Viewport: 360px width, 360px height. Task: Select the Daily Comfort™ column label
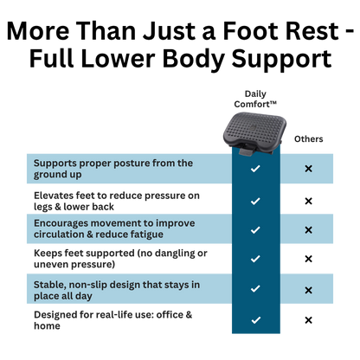pos(255,99)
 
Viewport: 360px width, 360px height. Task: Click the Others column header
pos(308,139)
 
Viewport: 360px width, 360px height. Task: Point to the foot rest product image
pos(254,133)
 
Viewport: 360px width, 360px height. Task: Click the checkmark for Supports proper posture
pos(255,169)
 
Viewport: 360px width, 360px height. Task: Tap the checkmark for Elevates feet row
pos(255,201)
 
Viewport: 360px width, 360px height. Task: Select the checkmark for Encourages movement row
pos(255,230)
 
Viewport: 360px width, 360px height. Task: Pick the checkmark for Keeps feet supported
pos(255,259)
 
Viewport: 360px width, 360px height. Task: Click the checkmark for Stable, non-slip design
pos(255,288)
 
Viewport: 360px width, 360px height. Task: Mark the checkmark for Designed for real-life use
pos(256,320)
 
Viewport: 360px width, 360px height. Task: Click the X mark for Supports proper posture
pos(308,169)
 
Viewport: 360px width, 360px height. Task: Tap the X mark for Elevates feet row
pos(308,201)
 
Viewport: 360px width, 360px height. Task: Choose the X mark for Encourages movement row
pos(308,230)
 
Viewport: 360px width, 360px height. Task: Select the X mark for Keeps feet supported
pos(308,259)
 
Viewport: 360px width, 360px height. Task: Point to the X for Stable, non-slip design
pos(308,290)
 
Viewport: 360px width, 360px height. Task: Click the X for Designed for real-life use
pos(308,320)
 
